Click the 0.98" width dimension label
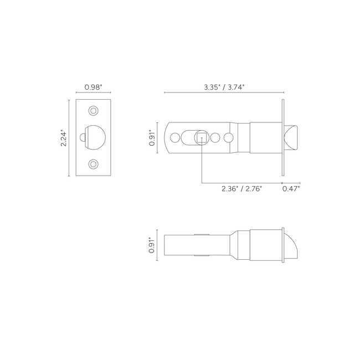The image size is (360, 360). (x=93, y=88)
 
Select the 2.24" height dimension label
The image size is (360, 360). (x=63, y=139)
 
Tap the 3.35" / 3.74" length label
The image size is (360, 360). (x=224, y=88)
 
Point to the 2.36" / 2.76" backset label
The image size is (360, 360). (x=242, y=189)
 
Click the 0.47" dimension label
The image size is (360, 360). (x=291, y=189)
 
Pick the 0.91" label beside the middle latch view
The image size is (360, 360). (x=152, y=138)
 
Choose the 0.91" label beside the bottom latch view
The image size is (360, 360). (x=152, y=245)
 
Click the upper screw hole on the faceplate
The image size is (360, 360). (x=93, y=111)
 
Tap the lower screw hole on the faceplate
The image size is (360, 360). (x=93, y=164)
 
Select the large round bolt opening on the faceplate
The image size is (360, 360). (x=95, y=137)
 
